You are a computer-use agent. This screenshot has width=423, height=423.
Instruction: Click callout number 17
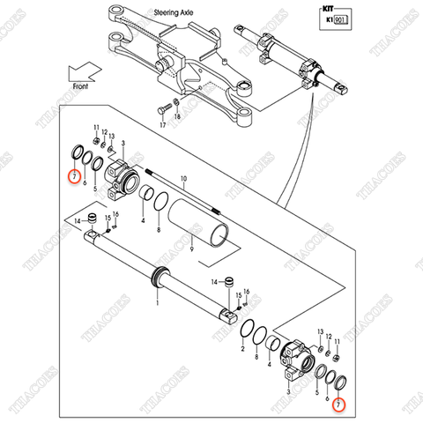(x=162, y=126)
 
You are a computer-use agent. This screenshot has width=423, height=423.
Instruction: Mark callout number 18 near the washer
(x=177, y=117)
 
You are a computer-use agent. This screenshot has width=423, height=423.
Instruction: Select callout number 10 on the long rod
(x=184, y=179)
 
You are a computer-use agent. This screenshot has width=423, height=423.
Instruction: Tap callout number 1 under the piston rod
(x=156, y=301)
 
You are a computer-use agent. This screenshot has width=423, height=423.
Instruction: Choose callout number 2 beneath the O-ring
(x=242, y=350)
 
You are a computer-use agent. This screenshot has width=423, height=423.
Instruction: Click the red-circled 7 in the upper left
(x=73, y=176)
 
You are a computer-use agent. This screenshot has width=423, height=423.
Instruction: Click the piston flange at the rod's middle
(x=161, y=276)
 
